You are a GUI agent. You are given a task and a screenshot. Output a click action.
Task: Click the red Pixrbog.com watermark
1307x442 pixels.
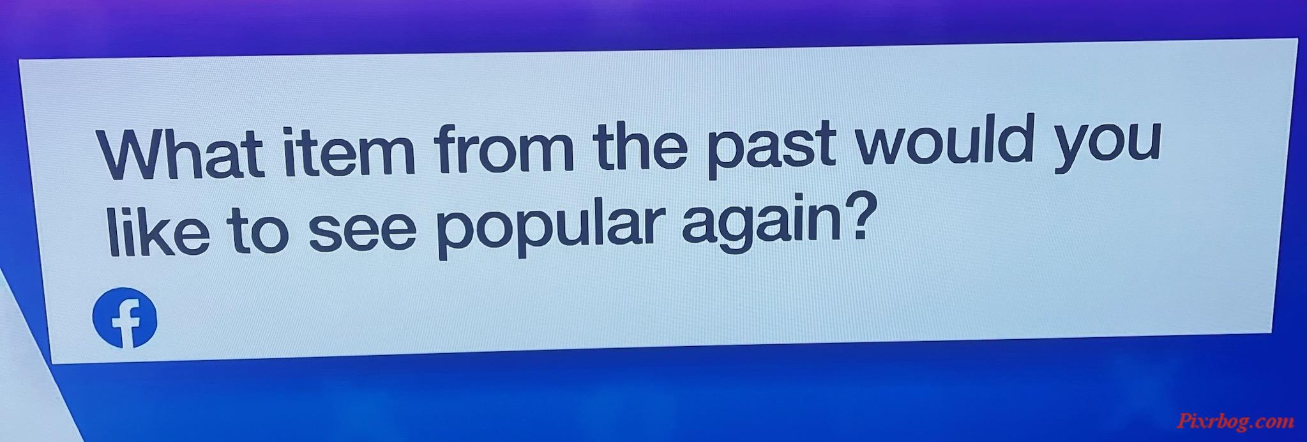click(x=1235, y=421)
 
